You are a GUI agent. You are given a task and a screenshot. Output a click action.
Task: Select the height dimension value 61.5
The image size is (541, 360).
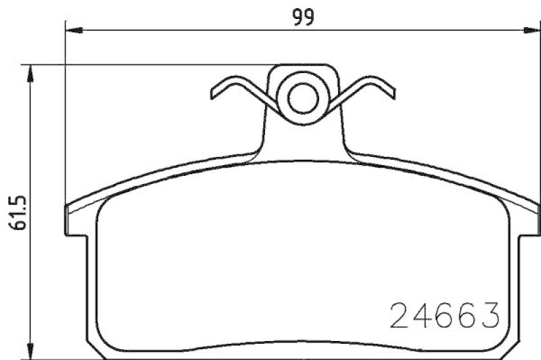[x=18, y=212]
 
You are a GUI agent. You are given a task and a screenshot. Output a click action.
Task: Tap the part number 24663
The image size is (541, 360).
[x=446, y=315]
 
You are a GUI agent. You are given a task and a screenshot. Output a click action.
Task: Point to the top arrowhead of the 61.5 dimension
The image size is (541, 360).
[x=30, y=72]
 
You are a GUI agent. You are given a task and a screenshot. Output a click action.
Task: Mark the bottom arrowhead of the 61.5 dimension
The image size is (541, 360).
[x=30, y=352]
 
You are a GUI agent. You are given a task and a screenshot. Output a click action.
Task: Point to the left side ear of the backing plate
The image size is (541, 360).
[x=76, y=220]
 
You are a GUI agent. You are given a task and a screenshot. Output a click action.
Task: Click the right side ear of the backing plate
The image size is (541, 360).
[x=530, y=220]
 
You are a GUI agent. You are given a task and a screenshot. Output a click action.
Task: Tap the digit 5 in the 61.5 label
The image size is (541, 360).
[x=18, y=200]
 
